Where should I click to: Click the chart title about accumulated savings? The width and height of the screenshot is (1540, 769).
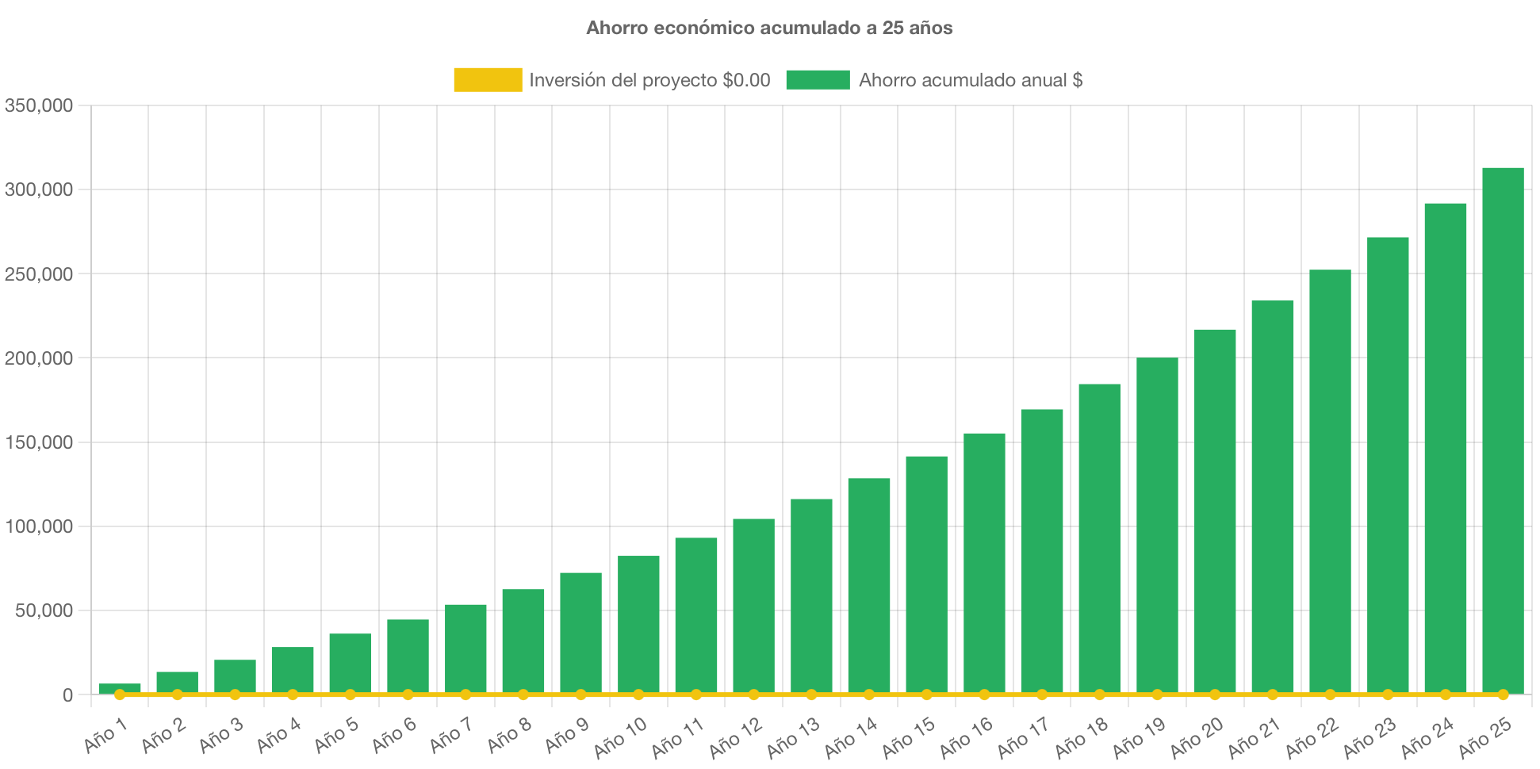[769, 28]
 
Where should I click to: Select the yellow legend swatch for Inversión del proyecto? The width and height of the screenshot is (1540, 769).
[488, 80]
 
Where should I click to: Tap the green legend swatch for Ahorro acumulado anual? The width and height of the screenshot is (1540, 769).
[818, 80]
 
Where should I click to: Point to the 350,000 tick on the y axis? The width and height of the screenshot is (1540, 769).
[39, 105]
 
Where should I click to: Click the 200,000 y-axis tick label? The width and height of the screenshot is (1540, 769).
[39, 358]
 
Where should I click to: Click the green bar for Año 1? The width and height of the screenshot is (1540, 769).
[120, 687]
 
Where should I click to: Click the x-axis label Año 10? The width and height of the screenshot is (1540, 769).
[620, 737]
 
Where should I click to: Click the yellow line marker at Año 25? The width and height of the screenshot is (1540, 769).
[1503, 694]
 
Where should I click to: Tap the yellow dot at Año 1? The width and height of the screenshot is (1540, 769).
[120, 694]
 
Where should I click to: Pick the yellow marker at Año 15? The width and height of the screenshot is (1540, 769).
[926, 694]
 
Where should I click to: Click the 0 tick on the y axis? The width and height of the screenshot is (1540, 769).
[67, 695]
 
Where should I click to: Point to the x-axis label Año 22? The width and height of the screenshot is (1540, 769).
[1312, 737]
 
